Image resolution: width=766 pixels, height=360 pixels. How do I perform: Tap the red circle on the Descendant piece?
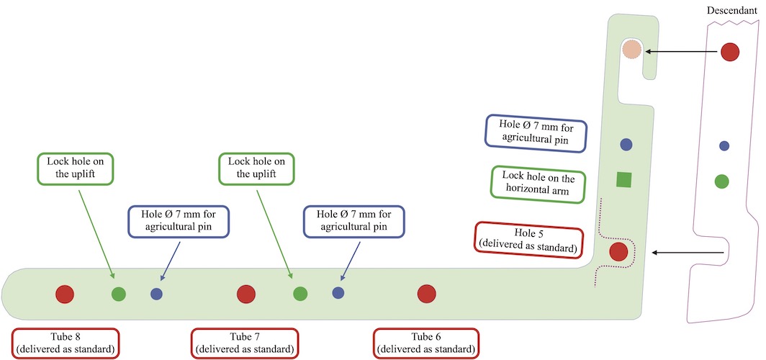[x=731, y=51]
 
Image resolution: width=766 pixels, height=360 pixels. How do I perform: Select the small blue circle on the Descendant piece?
[x=724, y=145]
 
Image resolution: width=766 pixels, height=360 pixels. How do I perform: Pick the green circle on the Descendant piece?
[x=721, y=181]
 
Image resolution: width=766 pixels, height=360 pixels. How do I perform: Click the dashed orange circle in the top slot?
[x=631, y=49]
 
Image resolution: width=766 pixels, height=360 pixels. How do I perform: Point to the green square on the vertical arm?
[x=624, y=180]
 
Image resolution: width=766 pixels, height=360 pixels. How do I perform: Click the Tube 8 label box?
[x=66, y=343]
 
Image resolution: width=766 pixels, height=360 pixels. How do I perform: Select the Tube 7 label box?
[x=245, y=343]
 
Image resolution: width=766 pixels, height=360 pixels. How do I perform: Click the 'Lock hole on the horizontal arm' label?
[x=538, y=184]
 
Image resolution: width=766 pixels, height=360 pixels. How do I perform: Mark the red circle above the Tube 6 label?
[x=427, y=293]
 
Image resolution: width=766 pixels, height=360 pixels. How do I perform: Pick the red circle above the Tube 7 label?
[x=246, y=293]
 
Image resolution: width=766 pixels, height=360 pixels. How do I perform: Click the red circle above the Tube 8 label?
[x=66, y=293]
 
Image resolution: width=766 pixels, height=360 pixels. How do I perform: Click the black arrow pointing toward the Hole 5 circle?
[x=688, y=253]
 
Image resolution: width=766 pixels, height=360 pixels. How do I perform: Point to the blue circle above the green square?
[x=626, y=145]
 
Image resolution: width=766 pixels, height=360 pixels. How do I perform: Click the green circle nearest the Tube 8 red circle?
[x=119, y=293]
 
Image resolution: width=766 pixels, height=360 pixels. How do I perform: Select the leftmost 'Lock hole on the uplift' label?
[x=76, y=168]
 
